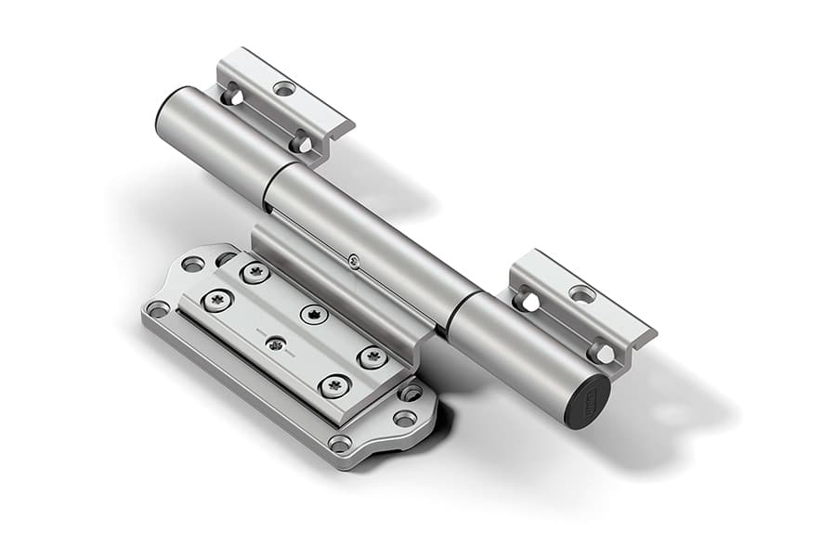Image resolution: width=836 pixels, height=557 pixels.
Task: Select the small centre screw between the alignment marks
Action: [275, 343]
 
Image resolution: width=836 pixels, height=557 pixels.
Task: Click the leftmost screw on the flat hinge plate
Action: [217, 300]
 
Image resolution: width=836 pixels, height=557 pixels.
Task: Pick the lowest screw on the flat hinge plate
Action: [333, 385]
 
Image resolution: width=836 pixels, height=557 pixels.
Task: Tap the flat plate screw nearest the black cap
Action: [372, 357]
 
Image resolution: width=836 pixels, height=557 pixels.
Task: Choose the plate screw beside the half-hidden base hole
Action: [255, 272]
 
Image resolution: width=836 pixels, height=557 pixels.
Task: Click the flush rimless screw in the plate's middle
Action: [314, 314]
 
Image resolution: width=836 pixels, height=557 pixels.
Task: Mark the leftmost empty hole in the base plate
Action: [158, 308]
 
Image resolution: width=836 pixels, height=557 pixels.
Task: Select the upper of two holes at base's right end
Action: [411, 393]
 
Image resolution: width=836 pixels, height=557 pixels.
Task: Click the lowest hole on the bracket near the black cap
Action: [601, 353]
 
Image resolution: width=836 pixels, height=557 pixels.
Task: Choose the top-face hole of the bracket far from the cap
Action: [284, 88]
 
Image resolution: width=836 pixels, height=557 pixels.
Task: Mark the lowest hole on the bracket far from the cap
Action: [300, 144]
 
